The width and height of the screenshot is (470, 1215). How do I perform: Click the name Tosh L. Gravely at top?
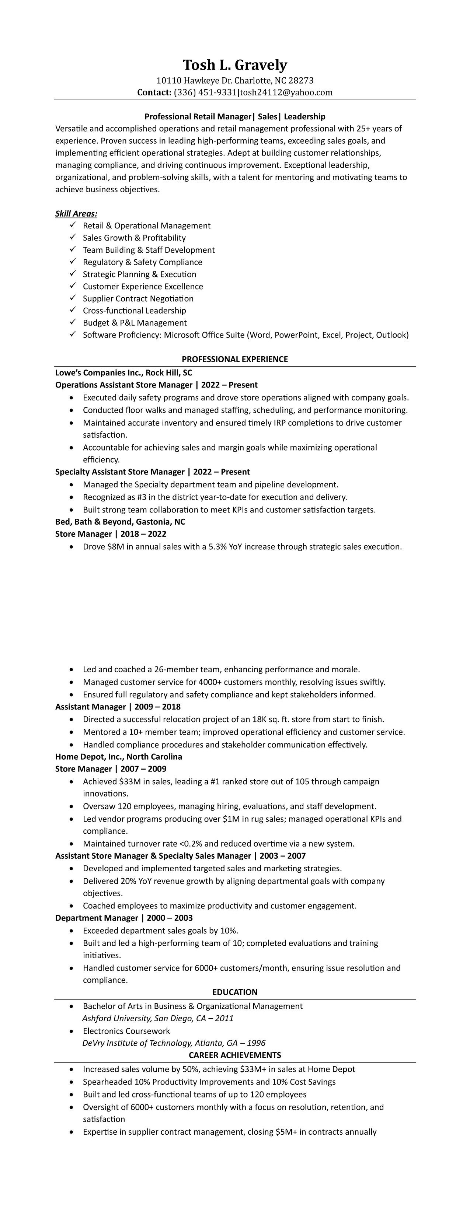(x=234, y=65)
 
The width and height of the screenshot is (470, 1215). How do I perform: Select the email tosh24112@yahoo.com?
(x=286, y=92)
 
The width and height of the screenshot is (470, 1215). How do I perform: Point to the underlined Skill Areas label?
(x=76, y=214)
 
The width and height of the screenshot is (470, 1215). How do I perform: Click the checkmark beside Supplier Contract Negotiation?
(x=73, y=298)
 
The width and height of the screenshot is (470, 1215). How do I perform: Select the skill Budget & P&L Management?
(x=135, y=323)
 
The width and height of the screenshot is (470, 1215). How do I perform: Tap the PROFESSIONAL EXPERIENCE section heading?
(x=234, y=359)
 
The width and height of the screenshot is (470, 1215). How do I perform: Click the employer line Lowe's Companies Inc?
(x=123, y=372)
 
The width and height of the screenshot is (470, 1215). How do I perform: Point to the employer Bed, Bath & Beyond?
(x=120, y=522)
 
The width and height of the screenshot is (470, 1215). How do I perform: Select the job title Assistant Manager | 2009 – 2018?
(x=118, y=707)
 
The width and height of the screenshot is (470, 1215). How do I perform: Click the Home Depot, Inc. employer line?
(x=118, y=757)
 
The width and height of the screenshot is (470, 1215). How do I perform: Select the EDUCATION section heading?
(x=234, y=992)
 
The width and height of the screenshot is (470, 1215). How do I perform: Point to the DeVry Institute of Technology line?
(x=174, y=1043)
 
